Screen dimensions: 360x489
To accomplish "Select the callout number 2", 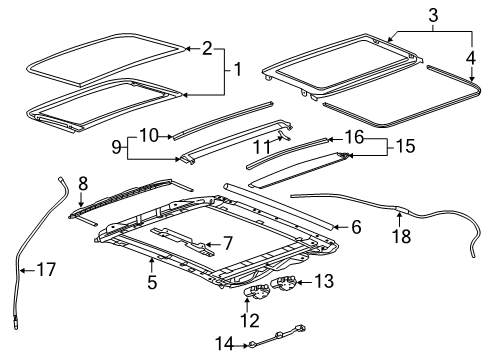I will pyautogui.click(x=207, y=47).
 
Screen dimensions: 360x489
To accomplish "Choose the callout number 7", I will pyautogui.click(x=227, y=243).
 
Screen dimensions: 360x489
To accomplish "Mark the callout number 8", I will pyautogui.click(x=84, y=183).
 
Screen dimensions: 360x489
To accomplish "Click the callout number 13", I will pyautogui.click(x=324, y=283).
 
